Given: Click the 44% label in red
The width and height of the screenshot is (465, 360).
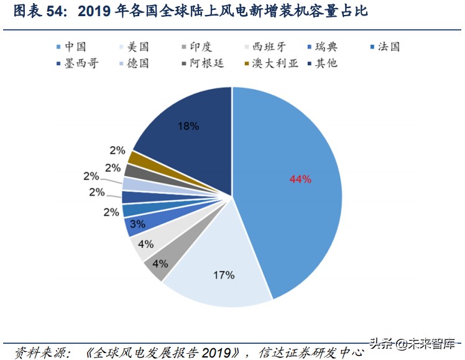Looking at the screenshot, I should (x=300, y=179).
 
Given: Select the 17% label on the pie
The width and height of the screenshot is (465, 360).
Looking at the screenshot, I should (x=207, y=274).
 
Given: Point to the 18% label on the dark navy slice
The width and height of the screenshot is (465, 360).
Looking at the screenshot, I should (x=188, y=126).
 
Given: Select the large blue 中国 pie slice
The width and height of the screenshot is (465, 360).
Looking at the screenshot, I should (x=292, y=187).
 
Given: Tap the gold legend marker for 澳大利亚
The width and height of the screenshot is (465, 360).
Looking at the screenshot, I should (x=247, y=63).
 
